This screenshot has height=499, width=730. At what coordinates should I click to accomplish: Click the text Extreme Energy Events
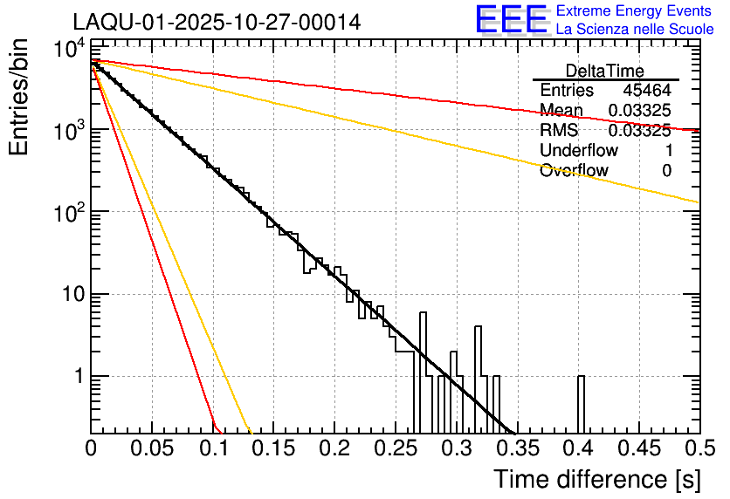pos(634,11)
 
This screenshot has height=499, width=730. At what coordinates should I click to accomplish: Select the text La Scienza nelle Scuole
pos(634,30)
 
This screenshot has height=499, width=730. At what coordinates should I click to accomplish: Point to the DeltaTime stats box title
pos(605,71)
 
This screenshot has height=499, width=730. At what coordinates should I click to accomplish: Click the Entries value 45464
pos(647,91)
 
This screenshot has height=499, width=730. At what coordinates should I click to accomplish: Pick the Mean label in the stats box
pos(561,111)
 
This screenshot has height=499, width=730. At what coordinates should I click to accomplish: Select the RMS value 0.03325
pos(639,131)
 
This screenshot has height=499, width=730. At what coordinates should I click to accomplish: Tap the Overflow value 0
pos(666,171)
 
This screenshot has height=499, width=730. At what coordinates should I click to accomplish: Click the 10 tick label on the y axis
pos(68,295)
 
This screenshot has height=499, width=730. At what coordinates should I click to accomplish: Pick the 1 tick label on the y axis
pos(76,377)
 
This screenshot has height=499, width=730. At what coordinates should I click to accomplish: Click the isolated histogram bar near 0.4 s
pos(582,406)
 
